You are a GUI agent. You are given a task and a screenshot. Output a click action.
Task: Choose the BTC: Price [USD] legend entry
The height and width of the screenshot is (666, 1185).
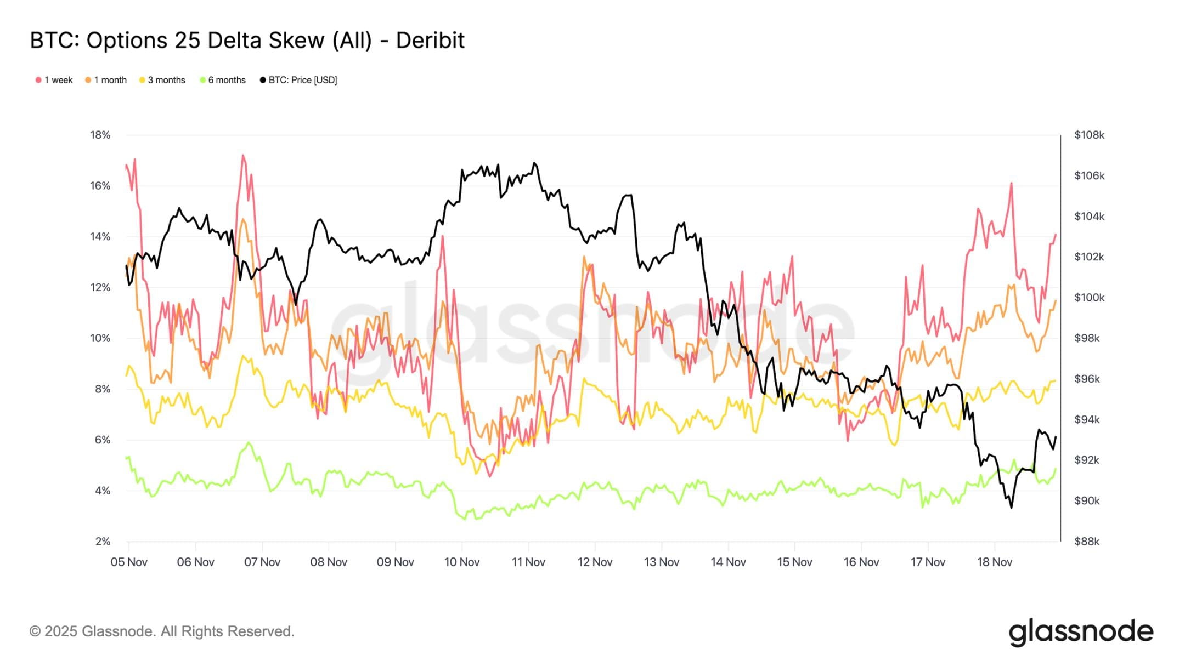coord(298,80)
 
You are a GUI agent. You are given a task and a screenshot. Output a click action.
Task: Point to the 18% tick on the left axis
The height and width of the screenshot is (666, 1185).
coord(100,135)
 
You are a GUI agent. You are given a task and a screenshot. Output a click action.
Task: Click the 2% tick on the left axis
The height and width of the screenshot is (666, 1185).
coord(103,542)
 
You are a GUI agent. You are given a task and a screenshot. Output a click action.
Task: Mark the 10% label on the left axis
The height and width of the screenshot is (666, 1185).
coord(100,338)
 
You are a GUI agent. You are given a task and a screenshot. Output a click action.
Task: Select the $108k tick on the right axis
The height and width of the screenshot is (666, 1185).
coord(1089,135)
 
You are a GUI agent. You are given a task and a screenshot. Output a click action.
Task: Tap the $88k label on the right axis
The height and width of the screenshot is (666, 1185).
coord(1087,542)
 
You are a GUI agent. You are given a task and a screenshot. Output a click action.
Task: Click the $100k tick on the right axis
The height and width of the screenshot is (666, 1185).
coord(1089,298)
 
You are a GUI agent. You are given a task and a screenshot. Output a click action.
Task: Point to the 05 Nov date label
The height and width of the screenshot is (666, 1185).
coord(129,562)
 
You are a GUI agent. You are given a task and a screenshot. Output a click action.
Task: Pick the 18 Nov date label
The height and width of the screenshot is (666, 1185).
coord(995,562)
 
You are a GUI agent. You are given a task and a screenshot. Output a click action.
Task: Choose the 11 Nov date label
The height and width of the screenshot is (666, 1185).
coord(528,562)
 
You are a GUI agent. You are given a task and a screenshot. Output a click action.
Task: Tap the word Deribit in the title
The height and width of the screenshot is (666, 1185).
coord(430,41)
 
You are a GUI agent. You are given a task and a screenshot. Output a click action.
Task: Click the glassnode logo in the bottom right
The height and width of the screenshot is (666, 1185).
coord(1081,632)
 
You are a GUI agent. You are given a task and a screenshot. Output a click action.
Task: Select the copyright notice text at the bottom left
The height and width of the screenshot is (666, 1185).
coord(162,631)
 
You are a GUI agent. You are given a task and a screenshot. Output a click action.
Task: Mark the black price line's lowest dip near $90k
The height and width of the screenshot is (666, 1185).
coord(1011,508)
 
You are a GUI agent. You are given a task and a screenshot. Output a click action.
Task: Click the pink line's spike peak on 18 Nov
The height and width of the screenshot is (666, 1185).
coord(1011,183)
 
